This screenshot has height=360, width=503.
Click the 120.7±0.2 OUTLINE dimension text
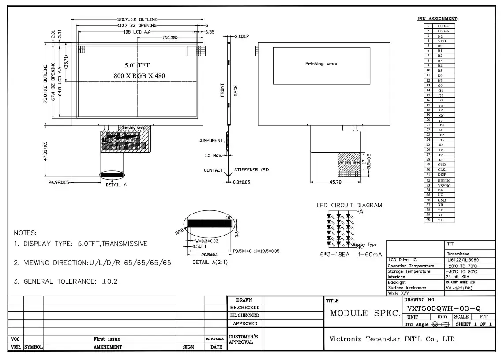click(137, 20)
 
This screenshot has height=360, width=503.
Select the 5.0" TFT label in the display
click(137, 66)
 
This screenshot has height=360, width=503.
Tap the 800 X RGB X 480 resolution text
click(139, 76)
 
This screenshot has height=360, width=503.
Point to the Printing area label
click(321, 64)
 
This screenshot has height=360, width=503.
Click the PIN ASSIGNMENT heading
click(438, 19)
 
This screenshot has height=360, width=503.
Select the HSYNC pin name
click(443, 181)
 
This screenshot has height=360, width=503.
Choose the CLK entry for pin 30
click(441, 170)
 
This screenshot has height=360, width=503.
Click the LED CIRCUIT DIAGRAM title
click(350, 205)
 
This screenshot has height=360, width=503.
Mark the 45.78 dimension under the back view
click(335, 182)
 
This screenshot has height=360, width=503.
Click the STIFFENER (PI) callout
click(251, 170)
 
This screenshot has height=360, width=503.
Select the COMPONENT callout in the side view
click(210, 141)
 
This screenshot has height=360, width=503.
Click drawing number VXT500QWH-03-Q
click(444, 308)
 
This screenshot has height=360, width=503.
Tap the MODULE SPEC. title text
click(364, 314)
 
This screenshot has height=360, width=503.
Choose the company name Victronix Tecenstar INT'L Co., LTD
click(392, 339)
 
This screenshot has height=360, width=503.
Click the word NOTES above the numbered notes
click(26, 233)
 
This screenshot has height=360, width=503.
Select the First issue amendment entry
click(107, 339)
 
